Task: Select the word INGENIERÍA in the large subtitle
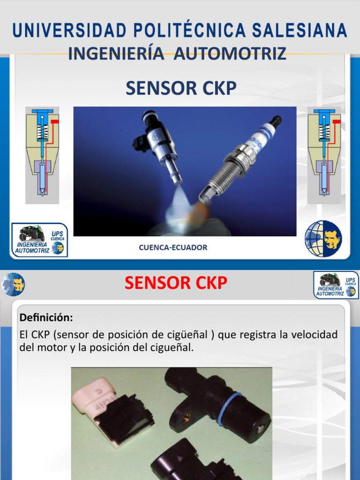click(x=116, y=53)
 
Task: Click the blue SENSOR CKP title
click(x=180, y=88)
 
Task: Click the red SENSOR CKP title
click(x=176, y=283)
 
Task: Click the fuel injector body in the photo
click(x=159, y=141)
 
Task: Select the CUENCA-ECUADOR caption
click(x=173, y=247)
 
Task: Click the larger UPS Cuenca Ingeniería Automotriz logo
click(x=40, y=240)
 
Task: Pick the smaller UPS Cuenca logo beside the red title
click(x=336, y=285)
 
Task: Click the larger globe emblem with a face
click(x=323, y=239)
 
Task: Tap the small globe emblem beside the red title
click(x=14, y=285)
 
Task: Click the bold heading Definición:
click(x=46, y=318)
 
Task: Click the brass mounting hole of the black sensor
click(x=185, y=419)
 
